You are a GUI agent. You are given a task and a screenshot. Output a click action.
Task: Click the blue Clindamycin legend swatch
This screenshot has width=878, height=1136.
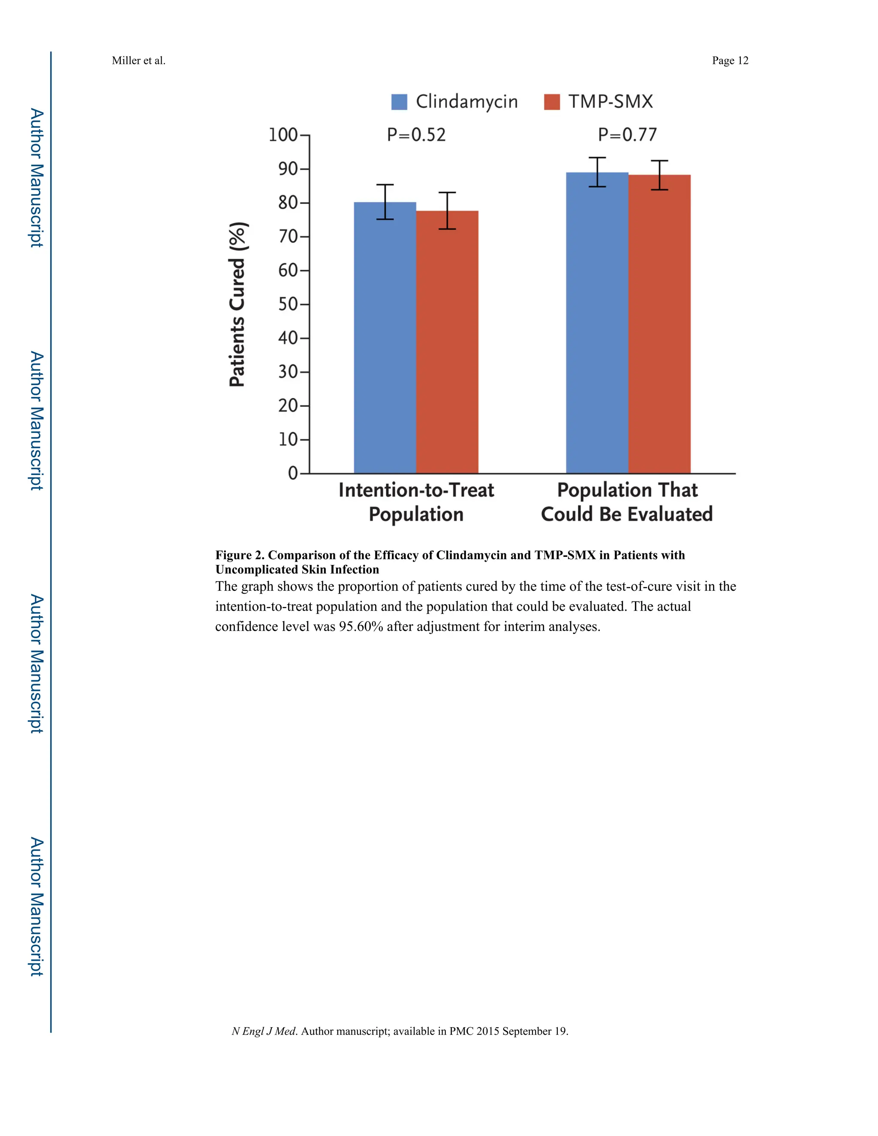click(399, 102)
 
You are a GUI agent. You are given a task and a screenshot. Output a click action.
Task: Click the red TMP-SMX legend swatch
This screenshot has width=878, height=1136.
click(552, 102)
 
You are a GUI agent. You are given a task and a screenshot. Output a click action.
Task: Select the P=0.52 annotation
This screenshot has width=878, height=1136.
click(416, 135)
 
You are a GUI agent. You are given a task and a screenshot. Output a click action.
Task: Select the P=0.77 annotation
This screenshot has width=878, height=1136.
click(627, 135)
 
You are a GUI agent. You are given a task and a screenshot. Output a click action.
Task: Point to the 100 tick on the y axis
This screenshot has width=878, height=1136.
click(283, 135)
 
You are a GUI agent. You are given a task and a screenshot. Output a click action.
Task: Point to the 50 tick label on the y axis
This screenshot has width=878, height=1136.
click(288, 304)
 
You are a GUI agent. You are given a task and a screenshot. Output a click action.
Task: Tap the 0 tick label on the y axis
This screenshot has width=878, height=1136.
click(293, 473)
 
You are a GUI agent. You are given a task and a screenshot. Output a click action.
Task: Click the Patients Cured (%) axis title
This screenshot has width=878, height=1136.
click(237, 304)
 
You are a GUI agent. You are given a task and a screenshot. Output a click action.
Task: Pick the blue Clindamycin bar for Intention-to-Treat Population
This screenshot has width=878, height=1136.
click(385, 338)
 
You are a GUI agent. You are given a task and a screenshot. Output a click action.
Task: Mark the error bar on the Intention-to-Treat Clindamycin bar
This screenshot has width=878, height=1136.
click(385, 202)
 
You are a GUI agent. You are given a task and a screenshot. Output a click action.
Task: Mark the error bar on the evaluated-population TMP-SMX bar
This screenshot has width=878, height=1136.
click(659, 175)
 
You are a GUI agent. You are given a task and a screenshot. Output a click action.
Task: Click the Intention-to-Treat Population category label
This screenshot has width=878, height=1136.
click(416, 502)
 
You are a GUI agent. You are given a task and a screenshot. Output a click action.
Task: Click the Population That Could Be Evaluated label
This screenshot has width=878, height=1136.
click(627, 502)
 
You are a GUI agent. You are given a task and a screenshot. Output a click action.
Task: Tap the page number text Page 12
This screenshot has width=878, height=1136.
click(730, 61)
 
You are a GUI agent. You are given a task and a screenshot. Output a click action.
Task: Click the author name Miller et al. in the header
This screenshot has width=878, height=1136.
click(138, 61)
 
